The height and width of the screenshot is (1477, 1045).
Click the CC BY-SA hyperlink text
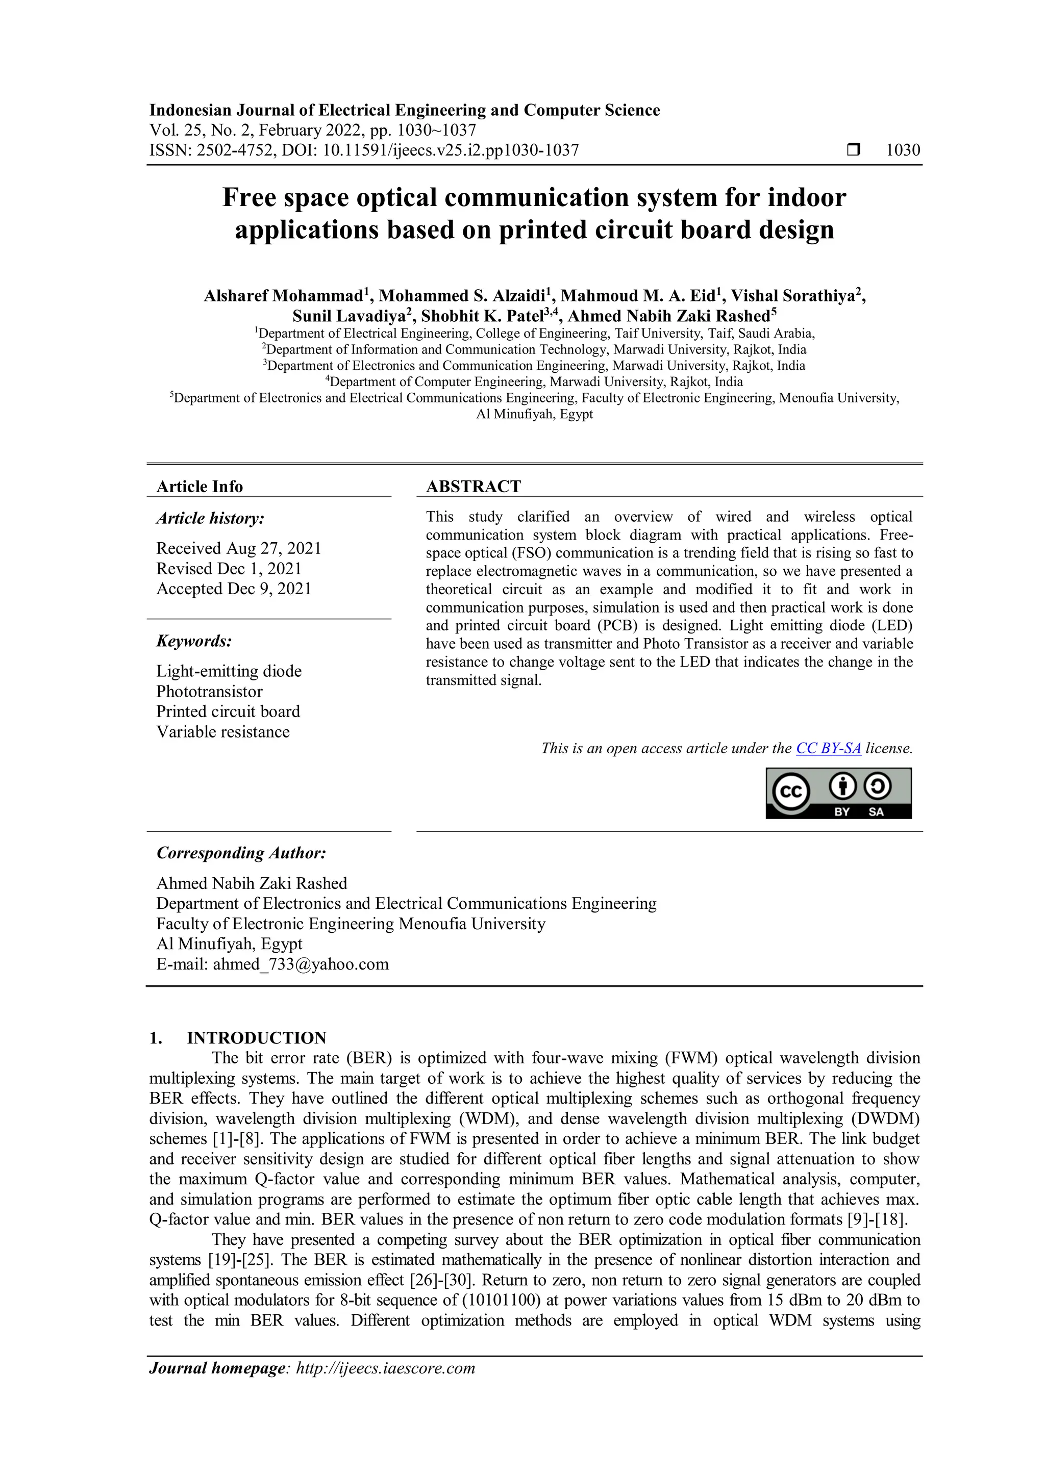[x=828, y=748]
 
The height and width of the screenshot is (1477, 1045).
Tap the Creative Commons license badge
[x=838, y=793]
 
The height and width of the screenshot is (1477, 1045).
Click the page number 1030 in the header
[x=903, y=150]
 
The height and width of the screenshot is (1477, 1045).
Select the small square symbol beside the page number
[x=853, y=150]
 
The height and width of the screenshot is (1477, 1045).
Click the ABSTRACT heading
[x=474, y=487]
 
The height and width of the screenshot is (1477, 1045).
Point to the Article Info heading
[x=200, y=487]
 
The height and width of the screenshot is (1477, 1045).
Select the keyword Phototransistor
[x=209, y=692]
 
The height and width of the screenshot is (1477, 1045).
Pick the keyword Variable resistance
[x=222, y=731]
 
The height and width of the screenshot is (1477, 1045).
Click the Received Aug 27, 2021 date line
[x=238, y=548]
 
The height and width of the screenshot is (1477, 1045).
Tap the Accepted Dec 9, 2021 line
[x=234, y=589]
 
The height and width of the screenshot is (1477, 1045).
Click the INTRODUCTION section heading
[x=256, y=1038]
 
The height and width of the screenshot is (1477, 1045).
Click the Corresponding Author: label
[x=241, y=853]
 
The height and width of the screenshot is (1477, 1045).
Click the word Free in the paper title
[x=249, y=197]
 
